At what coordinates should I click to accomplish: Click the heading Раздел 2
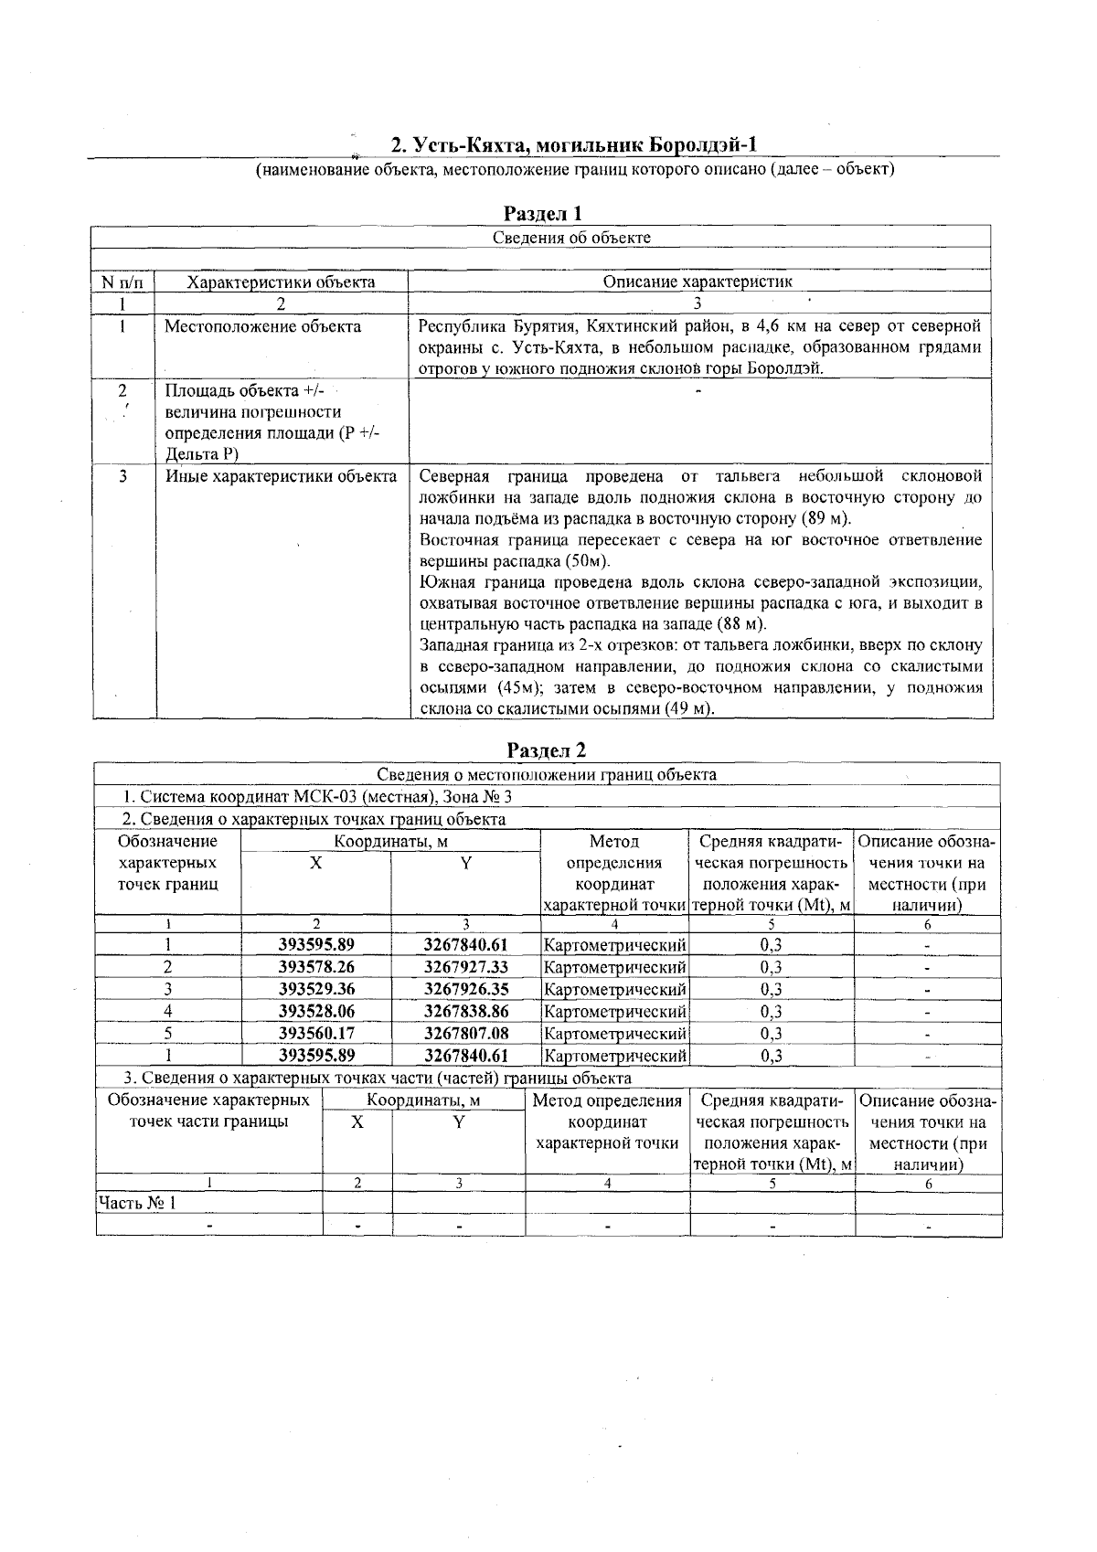[x=546, y=750]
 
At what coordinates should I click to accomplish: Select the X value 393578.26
[x=316, y=967]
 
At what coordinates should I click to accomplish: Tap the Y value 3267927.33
[x=465, y=967]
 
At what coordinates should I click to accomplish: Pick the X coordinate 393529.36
[x=316, y=989]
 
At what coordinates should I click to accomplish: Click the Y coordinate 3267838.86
[x=465, y=1012]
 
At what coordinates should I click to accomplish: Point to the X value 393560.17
[x=316, y=1034]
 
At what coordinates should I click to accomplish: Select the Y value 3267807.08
[x=465, y=1034]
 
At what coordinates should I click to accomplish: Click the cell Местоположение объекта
[x=262, y=327]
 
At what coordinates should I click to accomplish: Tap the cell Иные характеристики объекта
[x=281, y=476]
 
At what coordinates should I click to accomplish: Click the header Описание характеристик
[x=697, y=282]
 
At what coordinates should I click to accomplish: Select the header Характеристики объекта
[x=281, y=282]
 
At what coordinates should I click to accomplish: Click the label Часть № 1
[x=137, y=1203]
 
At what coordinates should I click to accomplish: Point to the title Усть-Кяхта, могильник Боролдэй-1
[x=575, y=145]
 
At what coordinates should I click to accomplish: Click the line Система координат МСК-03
[x=317, y=797]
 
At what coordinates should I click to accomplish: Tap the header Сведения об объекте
[x=571, y=238]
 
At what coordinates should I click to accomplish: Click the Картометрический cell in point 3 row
[x=614, y=990]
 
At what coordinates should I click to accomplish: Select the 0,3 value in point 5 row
[x=771, y=1034]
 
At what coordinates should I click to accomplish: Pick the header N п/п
[x=122, y=282]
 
